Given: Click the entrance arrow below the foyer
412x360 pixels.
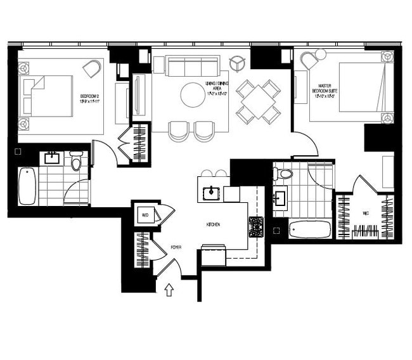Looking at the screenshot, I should [x=169, y=290].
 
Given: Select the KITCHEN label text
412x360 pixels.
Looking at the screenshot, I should [x=213, y=225].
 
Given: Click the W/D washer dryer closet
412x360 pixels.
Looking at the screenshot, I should [x=145, y=215].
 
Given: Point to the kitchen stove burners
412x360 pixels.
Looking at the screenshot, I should [x=256, y=226].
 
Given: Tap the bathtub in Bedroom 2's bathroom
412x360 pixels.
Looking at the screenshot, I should [x=27, y=186].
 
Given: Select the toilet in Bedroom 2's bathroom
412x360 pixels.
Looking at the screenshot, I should [x=77, y=163].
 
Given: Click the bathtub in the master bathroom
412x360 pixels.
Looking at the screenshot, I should [x=309, y=228].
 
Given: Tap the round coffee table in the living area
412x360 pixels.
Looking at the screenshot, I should [x=193, y=95].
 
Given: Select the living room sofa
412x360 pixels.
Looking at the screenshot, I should [x=192, y=66].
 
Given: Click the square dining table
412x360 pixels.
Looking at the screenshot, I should [x=257, y=101].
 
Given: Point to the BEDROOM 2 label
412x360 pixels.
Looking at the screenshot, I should [x=89, y=98].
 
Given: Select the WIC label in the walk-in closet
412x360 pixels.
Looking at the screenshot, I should [x=366, y=214].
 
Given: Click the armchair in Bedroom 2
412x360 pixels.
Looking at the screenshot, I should [x=93, y=68].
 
